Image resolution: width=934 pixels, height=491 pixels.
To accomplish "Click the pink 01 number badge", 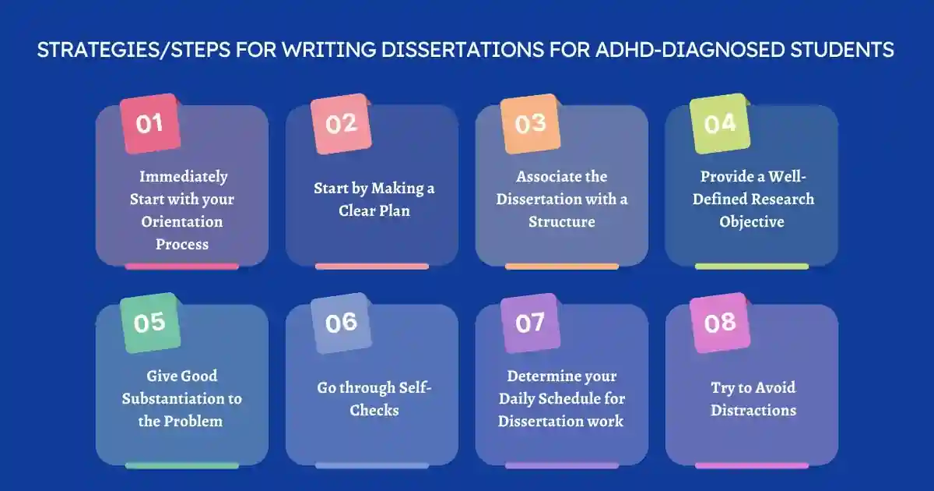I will click(x=150, y=123).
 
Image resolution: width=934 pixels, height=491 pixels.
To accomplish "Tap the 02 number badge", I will click(x=341, y=123).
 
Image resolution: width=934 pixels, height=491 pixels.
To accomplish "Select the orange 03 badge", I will click(x=530, y=123).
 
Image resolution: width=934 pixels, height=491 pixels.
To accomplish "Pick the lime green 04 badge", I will click(x=720, y=123).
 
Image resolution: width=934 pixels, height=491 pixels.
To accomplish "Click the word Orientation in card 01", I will click(x=182, y=221).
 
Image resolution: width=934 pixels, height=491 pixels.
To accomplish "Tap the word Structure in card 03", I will click(x=562, y=221).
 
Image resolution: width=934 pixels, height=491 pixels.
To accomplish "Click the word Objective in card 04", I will click(x=751, y=221).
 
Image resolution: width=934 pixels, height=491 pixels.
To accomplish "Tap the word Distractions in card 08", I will click(x=753, y=410).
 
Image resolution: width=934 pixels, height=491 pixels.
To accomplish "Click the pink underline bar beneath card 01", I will click(x=182, y=267).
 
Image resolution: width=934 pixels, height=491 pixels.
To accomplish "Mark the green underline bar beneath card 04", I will click(x=751, y=267).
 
